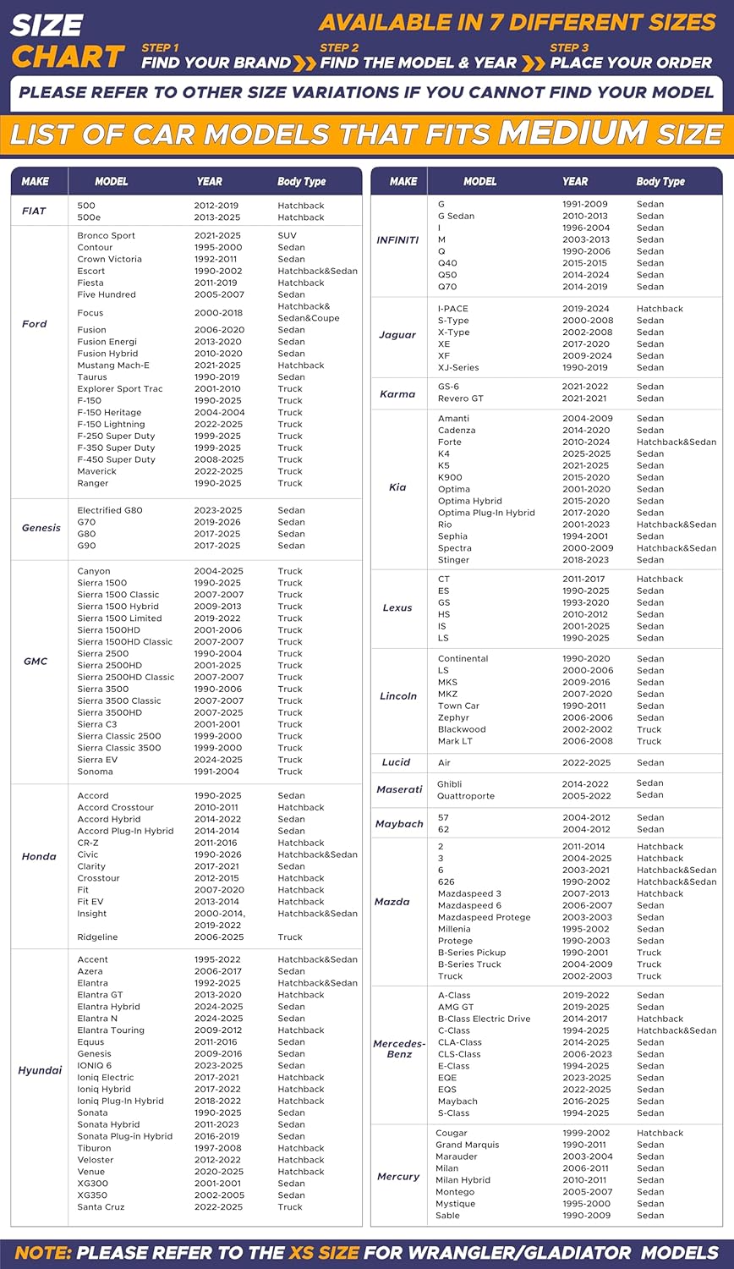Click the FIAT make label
pyautogui.click(x=34, y=211)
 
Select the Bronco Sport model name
pyautogui.click(x=106, y=236)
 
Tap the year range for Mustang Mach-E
pyautogui.click(x=217, y=365)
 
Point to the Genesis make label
pyautogui.click(x=41, y=528)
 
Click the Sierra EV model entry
pyautogui.click(x=97, y=760)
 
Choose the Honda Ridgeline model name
pyautogui.click(x=97, y=937)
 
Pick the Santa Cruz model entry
pyautogui.click(x=101, y=1207)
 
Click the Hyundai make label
pyautogui.click(x=40, y=1070)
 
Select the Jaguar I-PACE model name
pyautogui.click(x=452, y=309)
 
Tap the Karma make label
pyautogui.click(x=397, y=393)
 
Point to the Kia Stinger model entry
pyautogui.click(x=453, y=560)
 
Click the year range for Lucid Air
pyautogui.click(x=586, y=763)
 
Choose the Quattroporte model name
pyautogui.click(x=466, y=796)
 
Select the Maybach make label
pyautogui.click(x=399, y=824)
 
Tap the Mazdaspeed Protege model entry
pyautogui.click(x=484, y=917)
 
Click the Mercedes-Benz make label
pyautogui.click(x=399, y=1049)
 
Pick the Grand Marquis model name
pyautogui.click(x=468, y=1145)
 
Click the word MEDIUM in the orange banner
pyautogui.click(x=572, y=134)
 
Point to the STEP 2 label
pyautogui.click(x=339, y=48)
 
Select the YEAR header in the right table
pyautogui.click(x=575, y=181)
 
